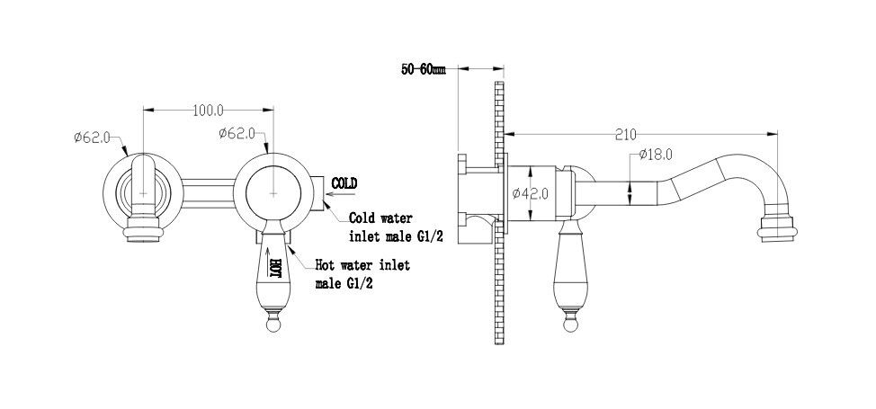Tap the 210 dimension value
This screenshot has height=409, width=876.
pyautogui.click(x=626, y=135)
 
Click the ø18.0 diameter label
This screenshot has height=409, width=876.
pyautogui.click(x=657, y=156)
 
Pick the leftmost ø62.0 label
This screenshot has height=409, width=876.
pyautogui.click(x=92, y=138)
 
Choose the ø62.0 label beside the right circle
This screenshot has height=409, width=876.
pyautogui.click(x=237, y=134)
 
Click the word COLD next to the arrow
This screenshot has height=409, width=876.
pyautogui.click(x=344, y=183)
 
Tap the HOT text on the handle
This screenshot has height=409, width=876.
pyautogui.click(x=277, y=267)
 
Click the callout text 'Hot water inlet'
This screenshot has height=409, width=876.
pyautogui.click(x=362, y=265)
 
